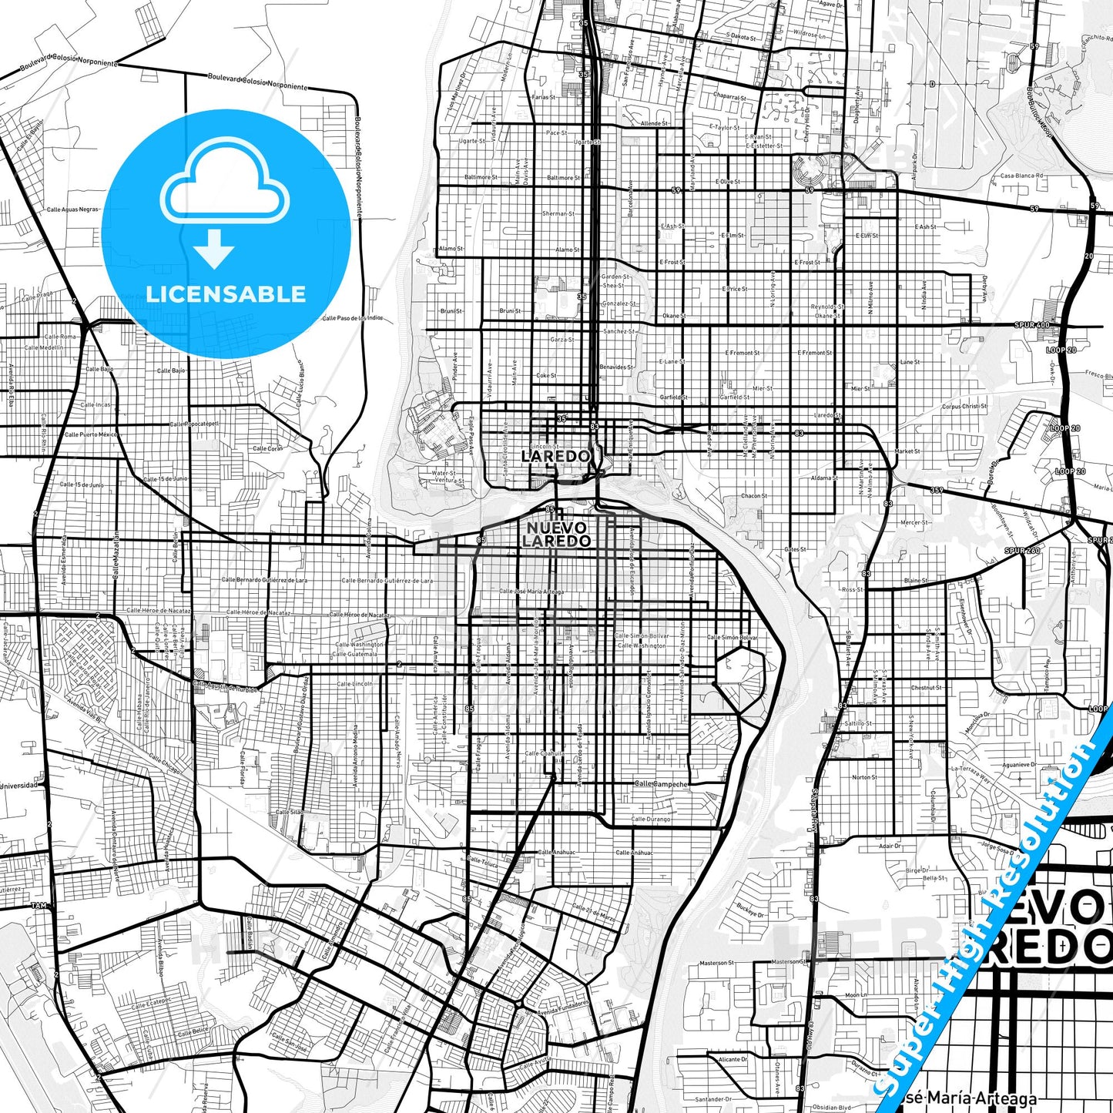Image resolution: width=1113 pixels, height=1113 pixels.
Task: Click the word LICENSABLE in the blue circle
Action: [226, 294]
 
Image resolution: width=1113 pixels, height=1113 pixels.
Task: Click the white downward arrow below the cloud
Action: [214, 249]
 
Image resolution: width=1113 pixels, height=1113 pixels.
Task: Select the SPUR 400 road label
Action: [1032, 326]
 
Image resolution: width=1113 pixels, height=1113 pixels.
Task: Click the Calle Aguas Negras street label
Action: [73, 210]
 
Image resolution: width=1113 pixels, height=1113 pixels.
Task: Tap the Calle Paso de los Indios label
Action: [352, 318]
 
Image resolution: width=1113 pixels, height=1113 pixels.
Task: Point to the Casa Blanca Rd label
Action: [1021, 176]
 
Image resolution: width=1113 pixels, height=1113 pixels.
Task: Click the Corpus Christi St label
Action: [964, 407]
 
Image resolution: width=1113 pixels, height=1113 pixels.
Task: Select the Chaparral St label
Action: [729, 97]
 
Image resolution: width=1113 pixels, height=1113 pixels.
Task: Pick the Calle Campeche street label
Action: [661, 784]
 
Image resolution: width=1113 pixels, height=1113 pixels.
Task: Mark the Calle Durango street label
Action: [651, 820]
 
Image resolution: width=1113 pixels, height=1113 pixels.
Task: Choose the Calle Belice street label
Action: [193, 1032]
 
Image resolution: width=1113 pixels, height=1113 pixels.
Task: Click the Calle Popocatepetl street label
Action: [194, 424]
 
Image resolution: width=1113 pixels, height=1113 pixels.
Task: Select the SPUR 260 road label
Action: [1022, 551]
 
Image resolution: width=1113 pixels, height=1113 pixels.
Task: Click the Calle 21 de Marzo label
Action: [594, 913]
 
